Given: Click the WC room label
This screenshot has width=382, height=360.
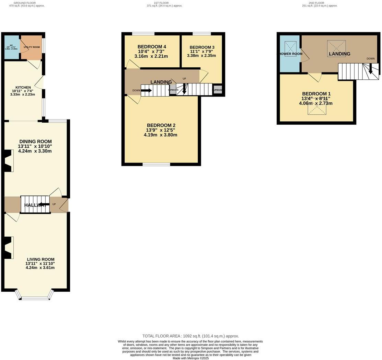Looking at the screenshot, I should coord(11,45).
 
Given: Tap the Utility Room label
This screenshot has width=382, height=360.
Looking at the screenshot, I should coord(32,47).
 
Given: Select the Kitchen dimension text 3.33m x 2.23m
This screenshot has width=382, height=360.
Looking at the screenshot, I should coord(23,94).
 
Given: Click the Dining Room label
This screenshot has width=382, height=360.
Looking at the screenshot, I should coord(35,142).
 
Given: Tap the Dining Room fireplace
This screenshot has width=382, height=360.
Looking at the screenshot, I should coord(8,161).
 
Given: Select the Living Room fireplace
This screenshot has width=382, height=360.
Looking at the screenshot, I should coord(8,248).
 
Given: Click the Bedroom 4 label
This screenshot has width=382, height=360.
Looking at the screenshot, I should coord(152,47).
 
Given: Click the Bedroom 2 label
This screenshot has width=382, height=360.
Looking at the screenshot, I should coord(161,125).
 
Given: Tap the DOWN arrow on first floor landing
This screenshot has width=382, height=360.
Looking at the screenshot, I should coord(146,91).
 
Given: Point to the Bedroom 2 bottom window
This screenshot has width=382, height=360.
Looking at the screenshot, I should coord(156,164).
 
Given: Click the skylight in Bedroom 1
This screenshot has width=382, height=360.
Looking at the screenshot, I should coord(317,108).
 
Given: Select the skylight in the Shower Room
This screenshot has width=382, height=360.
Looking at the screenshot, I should coord(290,48).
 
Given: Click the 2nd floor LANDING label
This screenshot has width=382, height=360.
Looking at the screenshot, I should coord(339,54).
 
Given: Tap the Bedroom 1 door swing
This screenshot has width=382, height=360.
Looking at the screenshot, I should coord(315,78).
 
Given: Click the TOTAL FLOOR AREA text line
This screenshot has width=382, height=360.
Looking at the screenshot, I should coord(190,336).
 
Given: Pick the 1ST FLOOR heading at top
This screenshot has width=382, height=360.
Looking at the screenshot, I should coord(161,3).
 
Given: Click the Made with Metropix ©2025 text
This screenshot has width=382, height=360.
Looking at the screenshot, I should coord(190,358).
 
